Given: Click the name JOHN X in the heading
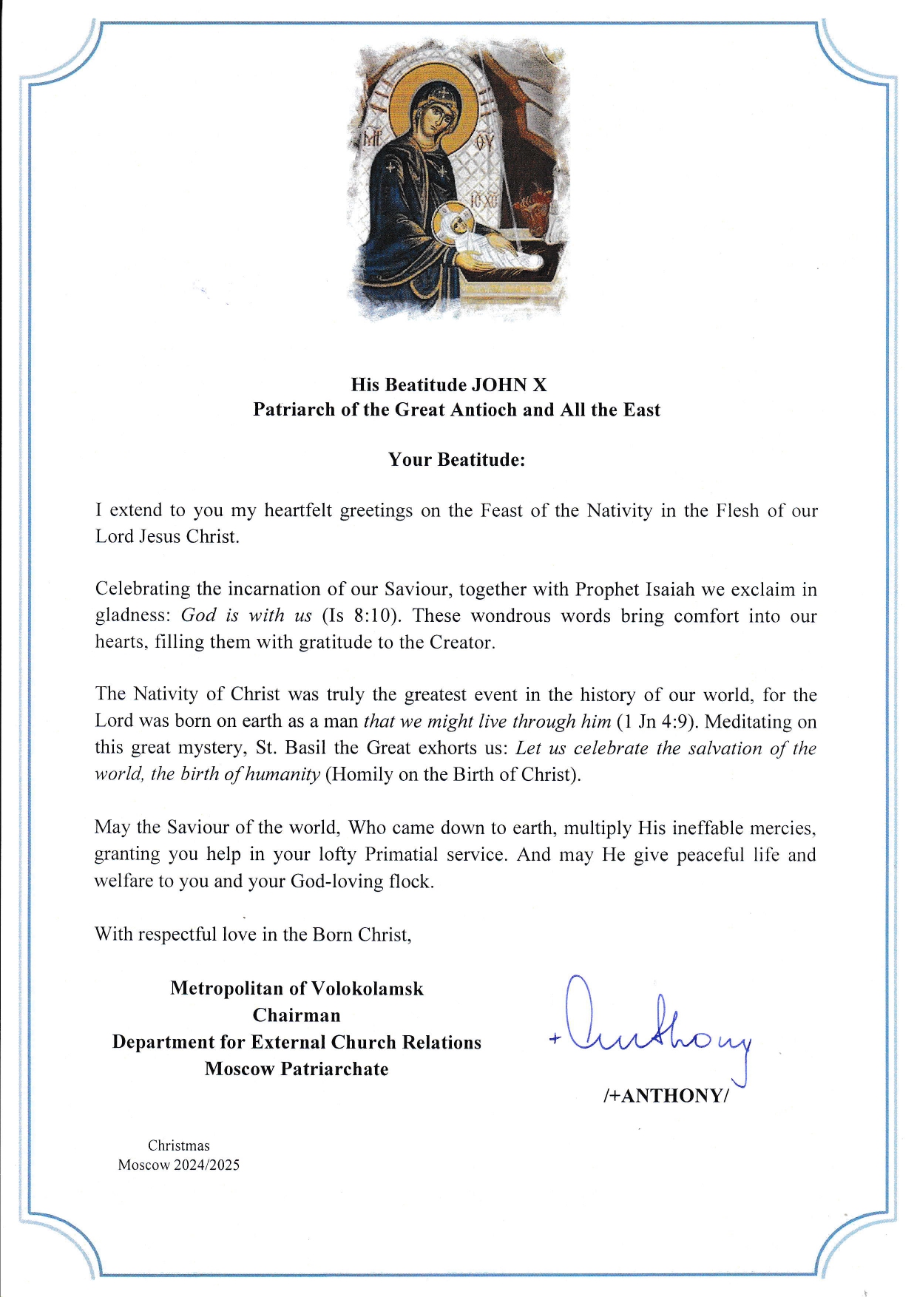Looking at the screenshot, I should [510, 385].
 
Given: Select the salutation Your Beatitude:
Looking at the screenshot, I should [456, 460].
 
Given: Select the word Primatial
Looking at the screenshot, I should [401, 855].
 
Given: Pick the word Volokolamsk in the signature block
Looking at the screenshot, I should [368, 989].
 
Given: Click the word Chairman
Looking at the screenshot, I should [297, 1015].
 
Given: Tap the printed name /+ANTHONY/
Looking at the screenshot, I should [666, 1096].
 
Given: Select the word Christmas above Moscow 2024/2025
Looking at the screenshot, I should [178, 1146].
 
